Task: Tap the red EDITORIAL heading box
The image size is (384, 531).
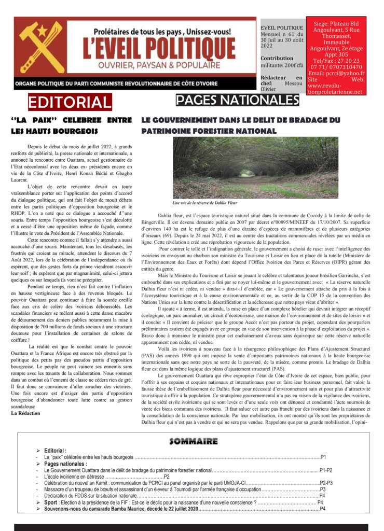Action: pyautogui.click(x=70, y=102)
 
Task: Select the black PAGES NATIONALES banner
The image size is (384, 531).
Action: pyautogui.click(x=237, y=100)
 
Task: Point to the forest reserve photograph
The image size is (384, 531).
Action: pyautogui.click(x=255, y=167)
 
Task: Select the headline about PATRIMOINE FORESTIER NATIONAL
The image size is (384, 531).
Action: pyautogui.click(x=240, y=125)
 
